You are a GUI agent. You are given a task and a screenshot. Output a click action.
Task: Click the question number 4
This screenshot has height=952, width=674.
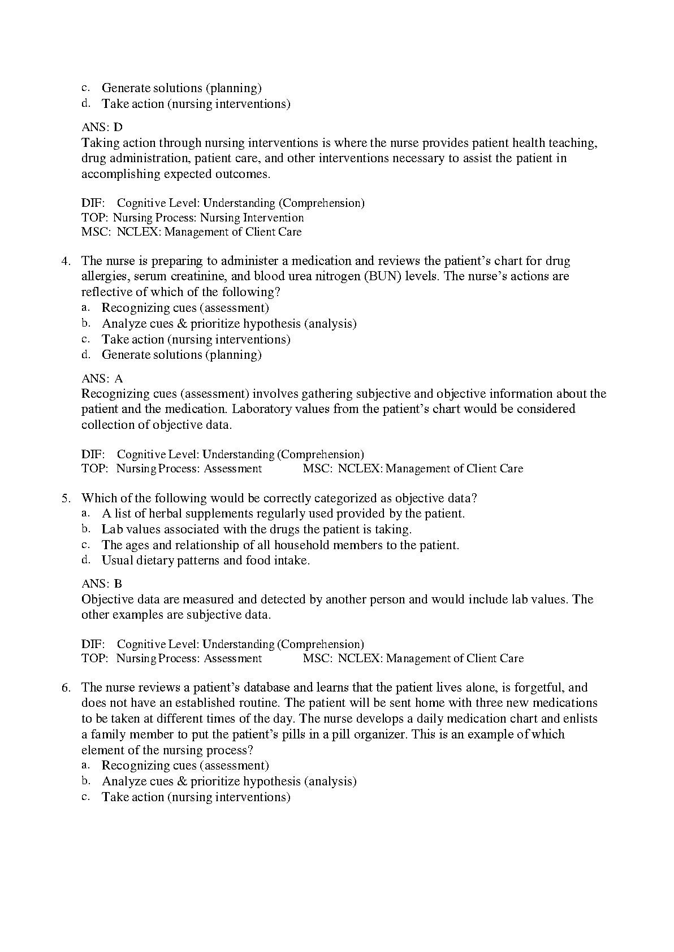(x=65, y=261)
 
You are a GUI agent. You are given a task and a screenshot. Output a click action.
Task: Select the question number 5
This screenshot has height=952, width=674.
(x=65, y=498)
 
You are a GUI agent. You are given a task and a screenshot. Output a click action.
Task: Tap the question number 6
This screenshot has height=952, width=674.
(x=65, y=688)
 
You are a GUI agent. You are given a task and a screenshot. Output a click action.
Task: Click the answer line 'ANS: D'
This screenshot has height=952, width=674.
(x=102, y=127)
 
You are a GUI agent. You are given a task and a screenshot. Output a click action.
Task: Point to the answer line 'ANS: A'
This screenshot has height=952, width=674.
(x=102, y=379)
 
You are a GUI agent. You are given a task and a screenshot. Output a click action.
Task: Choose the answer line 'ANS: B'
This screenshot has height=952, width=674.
(x=102, y=584)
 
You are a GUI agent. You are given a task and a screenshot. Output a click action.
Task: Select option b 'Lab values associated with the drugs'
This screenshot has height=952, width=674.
(x=256, y=529)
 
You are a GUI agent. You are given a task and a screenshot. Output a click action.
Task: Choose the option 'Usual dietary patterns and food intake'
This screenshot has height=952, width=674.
(x=205, y=560)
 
